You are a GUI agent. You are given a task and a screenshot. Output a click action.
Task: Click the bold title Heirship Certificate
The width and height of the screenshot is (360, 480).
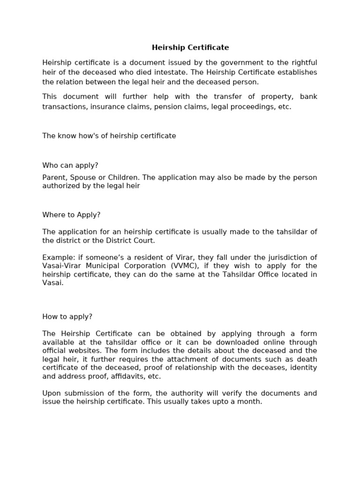point(190,47)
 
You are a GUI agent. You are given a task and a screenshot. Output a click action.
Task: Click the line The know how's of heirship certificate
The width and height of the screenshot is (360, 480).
point(109,136)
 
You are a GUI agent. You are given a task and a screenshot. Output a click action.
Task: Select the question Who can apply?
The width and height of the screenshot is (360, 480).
point(70,165)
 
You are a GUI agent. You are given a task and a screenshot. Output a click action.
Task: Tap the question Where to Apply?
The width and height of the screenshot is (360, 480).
point(71,215)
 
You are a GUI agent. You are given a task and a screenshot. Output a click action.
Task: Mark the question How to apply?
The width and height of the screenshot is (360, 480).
point(67,317)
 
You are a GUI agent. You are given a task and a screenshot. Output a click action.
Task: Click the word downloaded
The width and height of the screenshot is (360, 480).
point(244,342)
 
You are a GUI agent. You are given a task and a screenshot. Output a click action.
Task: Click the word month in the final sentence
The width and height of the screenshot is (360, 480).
point(251,402)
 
